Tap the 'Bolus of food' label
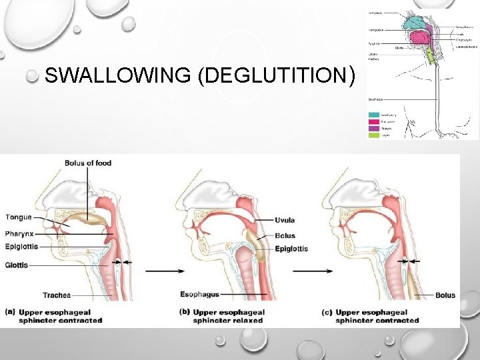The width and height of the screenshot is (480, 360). coord(88,163)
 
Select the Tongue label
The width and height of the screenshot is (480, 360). coord(18,217)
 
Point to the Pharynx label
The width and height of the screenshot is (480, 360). coord(20,234)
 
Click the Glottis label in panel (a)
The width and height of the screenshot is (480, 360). coord(17,265)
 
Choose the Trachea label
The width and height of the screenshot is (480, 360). coord(57,295)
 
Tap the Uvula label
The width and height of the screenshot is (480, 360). coord(284,220)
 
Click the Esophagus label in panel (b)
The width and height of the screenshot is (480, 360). coord(200,294)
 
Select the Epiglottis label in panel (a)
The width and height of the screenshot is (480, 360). coord(21,246)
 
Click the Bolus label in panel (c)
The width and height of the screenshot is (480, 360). coord(445,295)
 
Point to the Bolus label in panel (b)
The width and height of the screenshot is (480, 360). coord(285,235)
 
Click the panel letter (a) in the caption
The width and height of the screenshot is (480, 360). coord(11,311)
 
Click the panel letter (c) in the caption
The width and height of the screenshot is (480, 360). coord(327,311)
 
